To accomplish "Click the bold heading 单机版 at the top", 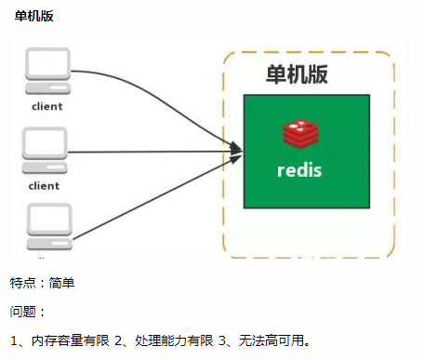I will tap(33, 16).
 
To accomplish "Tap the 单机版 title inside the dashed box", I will tap(297, 74).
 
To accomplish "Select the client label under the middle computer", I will tap(44, 185).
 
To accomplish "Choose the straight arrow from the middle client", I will tap(149, 151).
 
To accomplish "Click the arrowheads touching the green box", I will tap(235, 149).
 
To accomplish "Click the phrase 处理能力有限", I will tap(173, 340).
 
